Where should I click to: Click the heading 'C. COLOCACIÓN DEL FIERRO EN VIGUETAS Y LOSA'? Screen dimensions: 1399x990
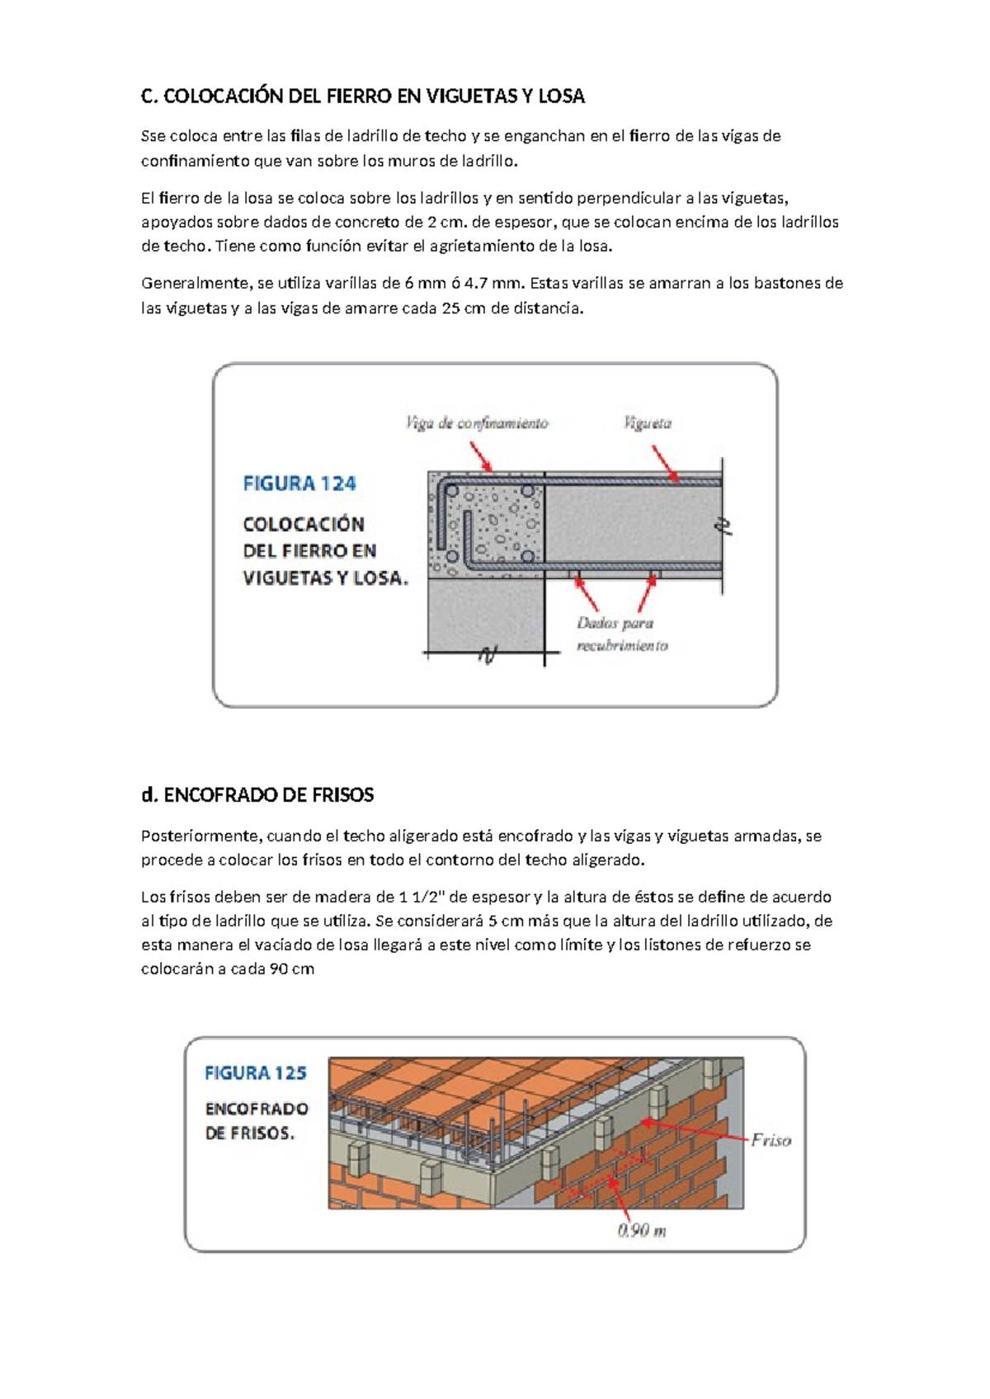[363, 97]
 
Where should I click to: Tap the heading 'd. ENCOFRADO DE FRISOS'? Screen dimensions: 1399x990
[257, 795]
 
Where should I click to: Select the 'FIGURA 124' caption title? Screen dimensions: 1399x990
[299, 483]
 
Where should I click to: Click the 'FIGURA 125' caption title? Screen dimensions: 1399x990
[256, 1073]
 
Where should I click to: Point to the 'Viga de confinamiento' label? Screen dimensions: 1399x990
[477, 423]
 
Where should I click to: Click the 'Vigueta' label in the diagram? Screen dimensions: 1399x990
[648, 423]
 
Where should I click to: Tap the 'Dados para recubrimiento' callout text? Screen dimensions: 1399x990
[620, 634]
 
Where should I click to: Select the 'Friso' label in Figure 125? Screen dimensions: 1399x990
[771, 1140]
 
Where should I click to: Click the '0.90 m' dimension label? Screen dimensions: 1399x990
[642, 1231]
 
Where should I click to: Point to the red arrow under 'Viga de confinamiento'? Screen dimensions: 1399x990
[480, 456]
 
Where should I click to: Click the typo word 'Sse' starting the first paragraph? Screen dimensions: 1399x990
[153, 136]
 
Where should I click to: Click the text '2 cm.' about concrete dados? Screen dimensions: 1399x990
[447, 222]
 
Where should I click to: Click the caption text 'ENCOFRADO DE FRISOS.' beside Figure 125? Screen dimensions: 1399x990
[257, 1121]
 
